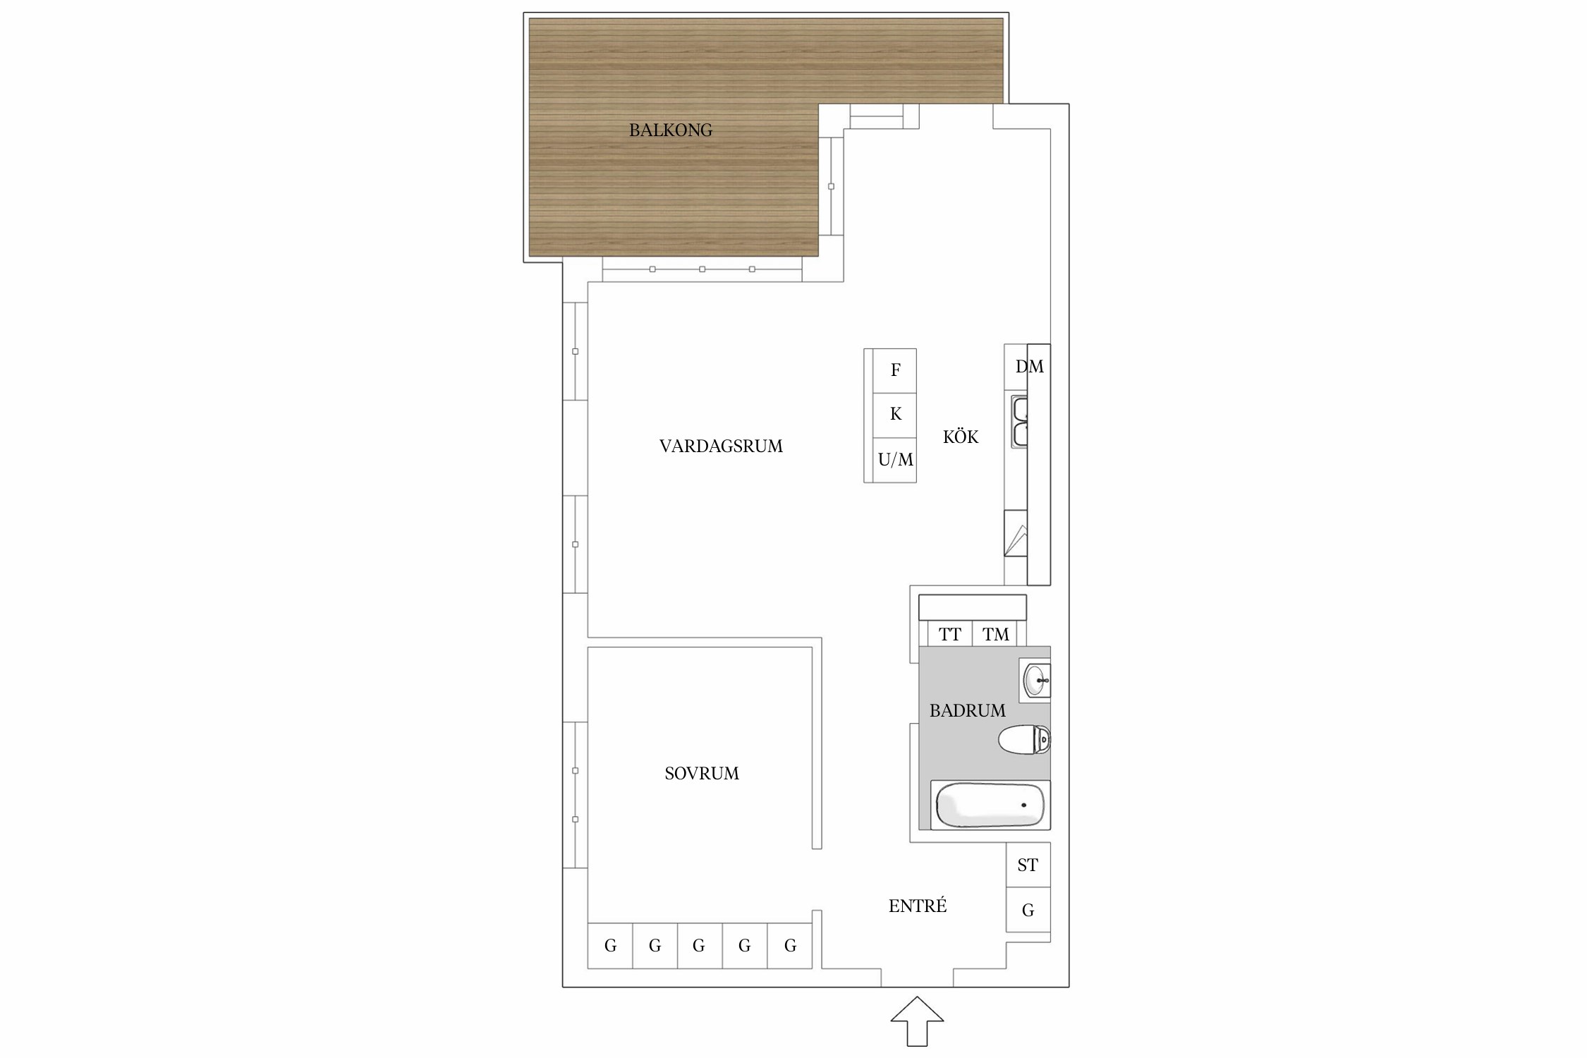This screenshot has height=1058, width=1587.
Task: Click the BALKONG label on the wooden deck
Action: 670,130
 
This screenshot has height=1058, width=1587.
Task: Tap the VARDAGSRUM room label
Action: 721,446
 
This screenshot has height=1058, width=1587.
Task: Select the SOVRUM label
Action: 702,773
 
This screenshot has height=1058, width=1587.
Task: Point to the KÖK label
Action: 961,437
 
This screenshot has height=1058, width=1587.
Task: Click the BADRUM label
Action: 967,710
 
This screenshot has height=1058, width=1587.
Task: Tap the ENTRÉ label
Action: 918,905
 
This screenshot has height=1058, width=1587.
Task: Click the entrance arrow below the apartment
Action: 917,1021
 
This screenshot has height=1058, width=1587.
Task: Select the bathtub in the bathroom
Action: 990,805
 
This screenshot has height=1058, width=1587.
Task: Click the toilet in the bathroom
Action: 1025,740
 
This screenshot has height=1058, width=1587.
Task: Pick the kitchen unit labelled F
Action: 894,371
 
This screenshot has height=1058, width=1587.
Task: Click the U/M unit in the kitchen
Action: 894,460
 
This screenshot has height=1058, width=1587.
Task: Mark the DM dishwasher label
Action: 1029,366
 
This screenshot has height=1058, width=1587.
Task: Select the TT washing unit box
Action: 950,634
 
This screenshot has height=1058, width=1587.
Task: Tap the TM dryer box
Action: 996,634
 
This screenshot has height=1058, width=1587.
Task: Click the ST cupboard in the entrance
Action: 1028,865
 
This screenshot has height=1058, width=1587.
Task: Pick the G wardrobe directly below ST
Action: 1028,910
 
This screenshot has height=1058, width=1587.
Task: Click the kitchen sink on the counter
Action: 1020,422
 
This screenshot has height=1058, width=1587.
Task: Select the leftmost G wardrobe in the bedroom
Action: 610,946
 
